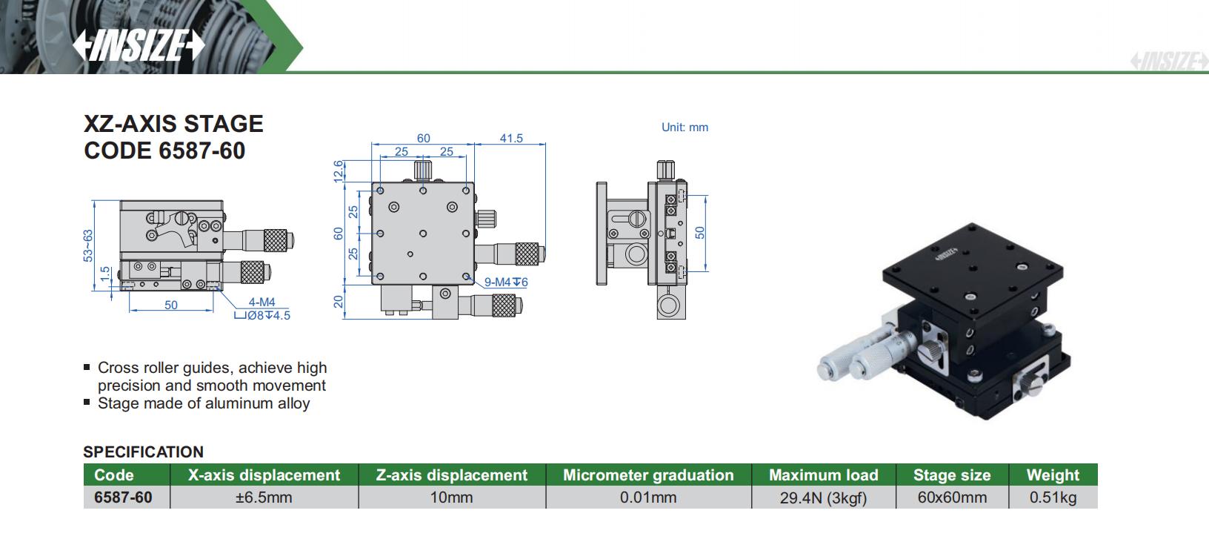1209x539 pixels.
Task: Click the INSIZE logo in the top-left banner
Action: pyautogui.click(x=139, y=46)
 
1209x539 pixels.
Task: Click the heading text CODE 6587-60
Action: pyautogui.click(x=164, y=151)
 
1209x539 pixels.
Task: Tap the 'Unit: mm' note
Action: pyautogui.click(x=685, y=128)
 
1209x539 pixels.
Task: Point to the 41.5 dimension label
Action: pyautogui.click(x=511, y=138)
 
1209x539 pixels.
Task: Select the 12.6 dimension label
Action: pyautogui.click(x=339, y=171)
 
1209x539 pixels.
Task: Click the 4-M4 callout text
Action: pyautogui.click(x=262, y=302)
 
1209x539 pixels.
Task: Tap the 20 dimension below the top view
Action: pyautogui.click(x=339, y=302)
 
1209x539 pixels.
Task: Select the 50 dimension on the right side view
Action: pyautogui.click(x=700, y=233)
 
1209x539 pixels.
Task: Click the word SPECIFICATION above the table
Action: pyautogui.click(x=143, y=452)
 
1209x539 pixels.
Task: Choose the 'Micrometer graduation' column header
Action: pyautogui.click(x=648, y=475)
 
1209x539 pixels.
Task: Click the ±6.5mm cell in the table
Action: pyautogui.click(x=264, y=497)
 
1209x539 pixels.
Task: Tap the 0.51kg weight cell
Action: pyautogui.click(x=1053, y=497)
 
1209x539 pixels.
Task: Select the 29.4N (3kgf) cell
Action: pyautogui.click(x=823, y=497)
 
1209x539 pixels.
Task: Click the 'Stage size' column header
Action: pyautogui.click(x=951, y=475)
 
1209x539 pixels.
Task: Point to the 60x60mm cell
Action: pyautogui.click(x=952, y=497)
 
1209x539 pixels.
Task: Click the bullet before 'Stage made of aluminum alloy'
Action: pyautogui.click(x=87, y=403)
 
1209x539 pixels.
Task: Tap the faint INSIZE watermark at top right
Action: pyautogui.click(x=1168, y=62)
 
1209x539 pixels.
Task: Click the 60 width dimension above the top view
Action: pyautogui.click(x=423, y=138)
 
